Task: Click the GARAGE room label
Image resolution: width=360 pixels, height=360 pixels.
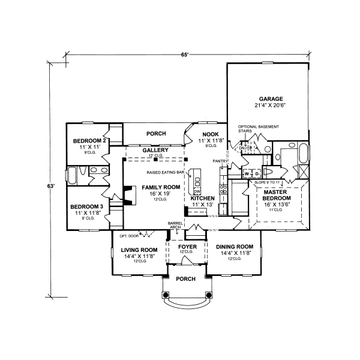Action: [271, 99]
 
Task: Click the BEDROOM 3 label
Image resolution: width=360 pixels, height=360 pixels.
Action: [85, 206]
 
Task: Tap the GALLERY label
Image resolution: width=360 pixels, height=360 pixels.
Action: [155, 150]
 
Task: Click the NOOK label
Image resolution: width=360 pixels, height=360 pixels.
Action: [210, 134]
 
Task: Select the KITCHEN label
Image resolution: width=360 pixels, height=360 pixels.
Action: [203, 197]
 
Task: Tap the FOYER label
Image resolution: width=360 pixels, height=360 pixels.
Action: [187, 246]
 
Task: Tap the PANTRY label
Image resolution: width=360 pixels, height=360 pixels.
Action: [218, 161]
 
